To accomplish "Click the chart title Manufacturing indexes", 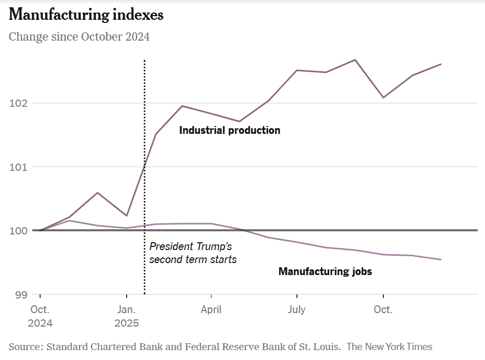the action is point(86,15).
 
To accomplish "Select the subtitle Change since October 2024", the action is point(79,37).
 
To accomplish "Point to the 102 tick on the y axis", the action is point(18,103).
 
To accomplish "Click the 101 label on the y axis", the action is point(18,167).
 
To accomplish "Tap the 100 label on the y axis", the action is point(18,231).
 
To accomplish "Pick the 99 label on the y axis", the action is point(21,295).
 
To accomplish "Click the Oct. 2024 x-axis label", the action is point(40,316).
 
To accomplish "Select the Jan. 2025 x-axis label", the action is point(127,316).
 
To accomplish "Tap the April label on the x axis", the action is point(211,309).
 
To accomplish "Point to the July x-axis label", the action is point(296,309).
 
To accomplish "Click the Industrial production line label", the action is point(230,130).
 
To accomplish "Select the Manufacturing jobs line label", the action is point(325,271).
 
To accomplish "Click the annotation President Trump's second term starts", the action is point(193,253).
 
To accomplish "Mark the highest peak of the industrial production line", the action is point(355,60).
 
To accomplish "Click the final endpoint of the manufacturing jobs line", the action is point(441,259).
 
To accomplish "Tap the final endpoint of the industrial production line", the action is point(441,64).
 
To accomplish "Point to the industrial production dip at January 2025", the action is point(127,216).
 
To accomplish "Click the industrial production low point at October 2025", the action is point(383,97).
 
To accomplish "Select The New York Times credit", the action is point(389,346).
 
